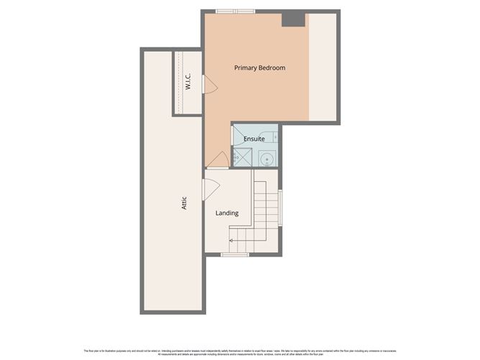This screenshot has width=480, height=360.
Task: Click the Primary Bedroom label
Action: pos(259,68)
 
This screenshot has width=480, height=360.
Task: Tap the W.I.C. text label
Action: pos(187,80)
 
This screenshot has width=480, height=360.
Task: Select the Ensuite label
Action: pos(254,138)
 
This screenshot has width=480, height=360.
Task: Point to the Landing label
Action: pos(227,213)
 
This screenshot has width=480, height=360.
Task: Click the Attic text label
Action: pos(184,203)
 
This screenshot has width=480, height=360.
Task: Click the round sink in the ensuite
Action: pos(267,159)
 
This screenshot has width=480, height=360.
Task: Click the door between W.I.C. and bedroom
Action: pos(210,85)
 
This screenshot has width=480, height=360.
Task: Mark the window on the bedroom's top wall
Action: pos(235,11)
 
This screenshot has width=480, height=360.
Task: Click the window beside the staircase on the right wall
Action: pos(280,207)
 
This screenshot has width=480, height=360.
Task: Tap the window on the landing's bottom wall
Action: pos(235,254)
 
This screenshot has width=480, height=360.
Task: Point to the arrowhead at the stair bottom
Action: pos(232,239)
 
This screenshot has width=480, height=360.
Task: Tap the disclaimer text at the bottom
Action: pos(239,352)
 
